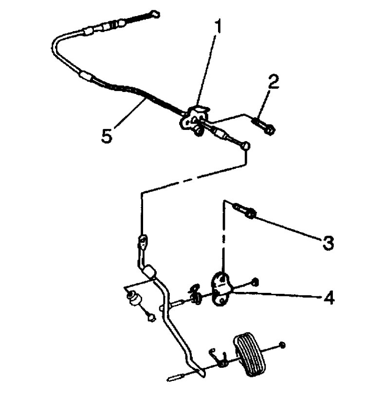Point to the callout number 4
coord(329,297)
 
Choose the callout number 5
coord(107,135)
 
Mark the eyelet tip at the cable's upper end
coord(155,14)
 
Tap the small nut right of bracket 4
coord(256,282)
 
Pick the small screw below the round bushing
coord(151,318)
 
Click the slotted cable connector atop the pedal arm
coord(143,240)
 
